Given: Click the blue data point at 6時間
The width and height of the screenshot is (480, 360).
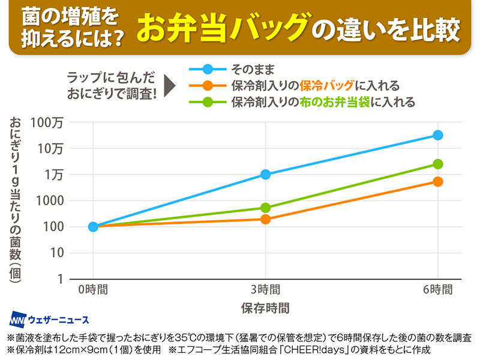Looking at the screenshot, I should (x=438, y=135).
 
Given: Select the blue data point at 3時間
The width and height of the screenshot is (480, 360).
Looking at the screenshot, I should (x=265, y=174).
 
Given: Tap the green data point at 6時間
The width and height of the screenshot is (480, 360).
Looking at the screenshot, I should (x=438, y=164).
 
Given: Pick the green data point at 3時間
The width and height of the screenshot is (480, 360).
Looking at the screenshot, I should (x=265, y=208).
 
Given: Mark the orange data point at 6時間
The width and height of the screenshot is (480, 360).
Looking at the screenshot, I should (x=438, y=181).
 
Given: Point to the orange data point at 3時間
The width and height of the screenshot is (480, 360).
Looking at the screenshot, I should (x=265, y=219).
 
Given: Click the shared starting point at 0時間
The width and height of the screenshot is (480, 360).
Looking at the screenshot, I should (x=93, y=226).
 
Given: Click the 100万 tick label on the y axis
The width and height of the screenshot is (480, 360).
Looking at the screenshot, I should (x=49, y=122).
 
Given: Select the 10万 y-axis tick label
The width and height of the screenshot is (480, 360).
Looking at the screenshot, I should (x=52, y=148).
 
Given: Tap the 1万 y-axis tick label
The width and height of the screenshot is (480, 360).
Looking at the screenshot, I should (x=54, y=175).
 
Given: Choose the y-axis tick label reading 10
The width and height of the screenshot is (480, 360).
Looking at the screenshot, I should (x=57, y=253).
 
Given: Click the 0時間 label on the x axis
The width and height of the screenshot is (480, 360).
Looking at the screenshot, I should (x=93, y=289).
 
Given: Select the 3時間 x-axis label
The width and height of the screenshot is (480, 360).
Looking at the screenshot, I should (x=265, y=289).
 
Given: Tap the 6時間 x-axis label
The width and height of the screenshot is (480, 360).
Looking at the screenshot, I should (x=438, y=289).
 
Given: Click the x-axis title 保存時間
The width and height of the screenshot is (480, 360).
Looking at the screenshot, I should (x=265, y=308).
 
